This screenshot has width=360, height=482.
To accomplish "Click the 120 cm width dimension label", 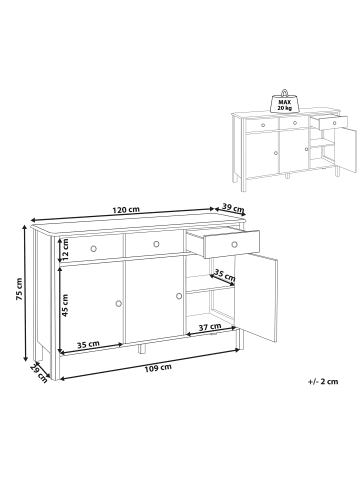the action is pyautogui.click(x=126, y=210).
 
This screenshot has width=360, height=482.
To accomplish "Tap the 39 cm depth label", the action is pyautogui.click(x=233, y=208).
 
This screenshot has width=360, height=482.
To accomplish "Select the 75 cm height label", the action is pyautogui.click(x=19, y=289).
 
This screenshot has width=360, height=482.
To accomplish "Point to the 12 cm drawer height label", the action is pyautogui.click(x=65, y=250).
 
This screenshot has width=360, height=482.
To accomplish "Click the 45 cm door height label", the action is pyautogui.click(x=65, y=305).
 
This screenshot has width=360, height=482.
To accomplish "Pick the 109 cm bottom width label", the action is pyautogui.click(x=158, y=368).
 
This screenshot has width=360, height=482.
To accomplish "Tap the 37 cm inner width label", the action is pyautogui.click(x=210, y=327).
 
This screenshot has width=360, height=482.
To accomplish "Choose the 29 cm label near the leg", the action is pyautogui.click(x=38, y=373).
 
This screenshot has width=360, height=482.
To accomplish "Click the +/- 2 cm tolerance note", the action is pyautogui.click(x=323, y=382).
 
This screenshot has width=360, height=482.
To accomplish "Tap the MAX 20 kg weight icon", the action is pyautogui.click(x=284, y=101).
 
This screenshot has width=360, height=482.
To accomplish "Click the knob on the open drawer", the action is pyautogui.click(x=235, y=244).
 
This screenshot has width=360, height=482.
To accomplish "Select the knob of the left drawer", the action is pyautogui.click(x=94, y=248).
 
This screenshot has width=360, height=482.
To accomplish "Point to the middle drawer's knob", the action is pyautogui.click(x=156, y=244).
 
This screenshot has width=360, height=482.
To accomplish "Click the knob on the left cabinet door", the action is pyautogui.click(x=118, y=303).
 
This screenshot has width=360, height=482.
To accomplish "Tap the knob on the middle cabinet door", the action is pyautogui.click(x=179, y=296).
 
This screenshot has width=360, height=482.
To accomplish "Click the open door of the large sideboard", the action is pyautogui.click(x=257, y=297).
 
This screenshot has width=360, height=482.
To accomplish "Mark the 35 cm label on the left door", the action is pyautogui.click(x=88, y=344).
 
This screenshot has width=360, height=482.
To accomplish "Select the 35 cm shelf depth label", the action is pyautogui.click(x=224, y=275).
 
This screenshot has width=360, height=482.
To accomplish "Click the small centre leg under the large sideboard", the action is pyautogui.click(x=142, y=348).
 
